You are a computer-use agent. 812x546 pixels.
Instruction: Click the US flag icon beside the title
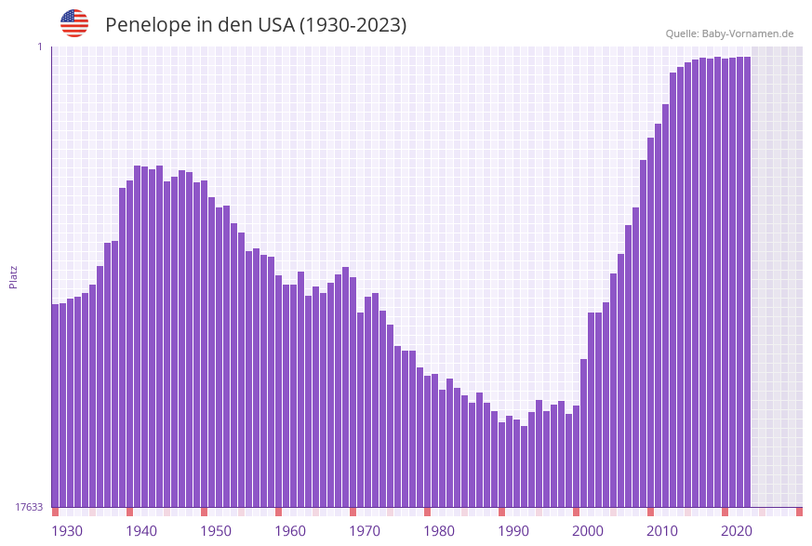tap(74, 23)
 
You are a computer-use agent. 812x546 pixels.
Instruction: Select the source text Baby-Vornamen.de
tap(747, 33)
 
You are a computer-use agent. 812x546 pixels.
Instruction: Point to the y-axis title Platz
tap(14, 276)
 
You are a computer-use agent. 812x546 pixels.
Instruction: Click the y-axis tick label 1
tap(39, 47)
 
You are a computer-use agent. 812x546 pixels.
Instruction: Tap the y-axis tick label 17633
tap(29, 507)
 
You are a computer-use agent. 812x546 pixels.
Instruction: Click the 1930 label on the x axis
tap(66, 531)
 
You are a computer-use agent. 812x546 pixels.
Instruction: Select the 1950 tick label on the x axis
tap(216, 531)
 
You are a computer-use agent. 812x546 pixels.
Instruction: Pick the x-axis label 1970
tap(365, 531)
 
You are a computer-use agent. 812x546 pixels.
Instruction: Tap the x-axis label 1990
tap(513, 531)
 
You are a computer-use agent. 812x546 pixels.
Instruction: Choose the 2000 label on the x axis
tap(588, 531)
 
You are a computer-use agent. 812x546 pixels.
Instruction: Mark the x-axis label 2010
tap(662, 531)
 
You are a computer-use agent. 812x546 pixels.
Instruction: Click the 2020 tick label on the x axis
tap(737, 531)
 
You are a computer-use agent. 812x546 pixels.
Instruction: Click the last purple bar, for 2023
tap(747, 279)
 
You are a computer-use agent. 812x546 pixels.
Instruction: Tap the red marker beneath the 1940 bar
tap(130, 512)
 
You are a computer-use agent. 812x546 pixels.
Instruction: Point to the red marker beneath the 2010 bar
tap(651, 512)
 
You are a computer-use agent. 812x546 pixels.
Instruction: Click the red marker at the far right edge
tap(799, 512)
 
